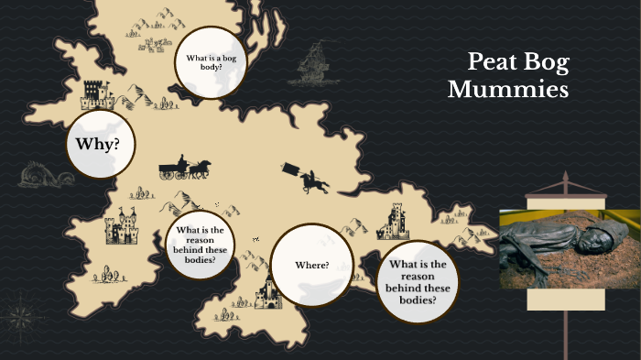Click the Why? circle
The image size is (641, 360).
coord(100,144)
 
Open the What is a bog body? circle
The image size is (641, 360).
coord(211,62)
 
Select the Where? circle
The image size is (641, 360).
coord(311,265)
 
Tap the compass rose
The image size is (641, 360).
coord(17,317)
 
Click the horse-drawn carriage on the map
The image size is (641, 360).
coord(184,169)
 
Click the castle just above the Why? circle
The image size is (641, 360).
coord(95,93)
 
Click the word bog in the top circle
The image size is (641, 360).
coord(228,59)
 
